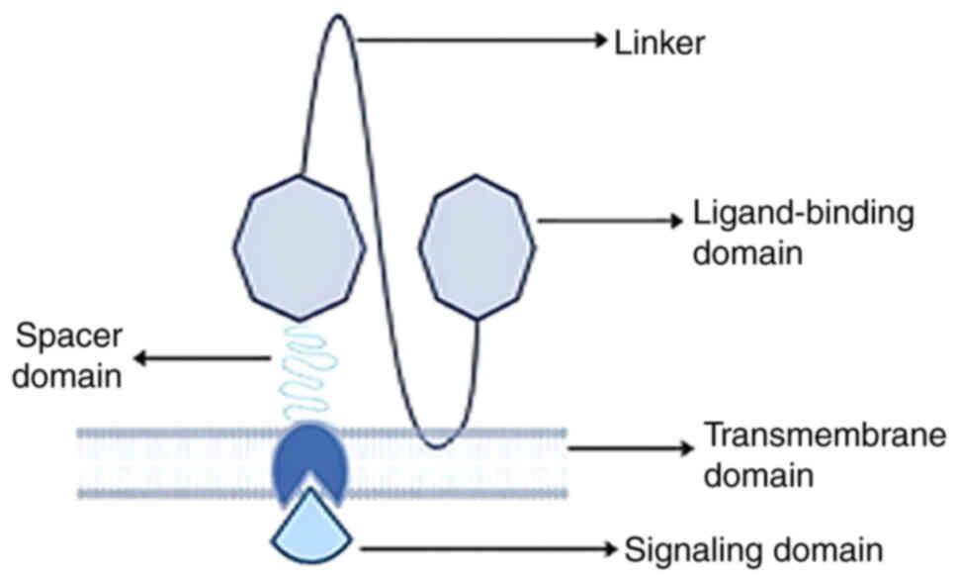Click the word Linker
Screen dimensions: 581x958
(659, 42)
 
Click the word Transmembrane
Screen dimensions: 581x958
(825, 435)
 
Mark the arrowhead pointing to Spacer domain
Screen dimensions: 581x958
(139, 358)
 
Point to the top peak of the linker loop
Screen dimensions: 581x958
(338, 16)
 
